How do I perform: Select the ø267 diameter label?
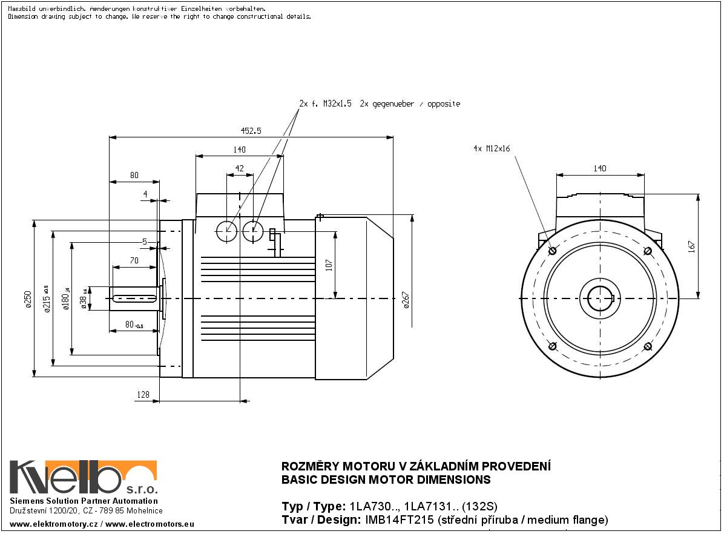[x=406, y=300]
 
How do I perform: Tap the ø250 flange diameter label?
[x=28, y=299]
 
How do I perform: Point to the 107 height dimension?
[x=329, y=265]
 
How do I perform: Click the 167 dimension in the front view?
[x=692, y=246]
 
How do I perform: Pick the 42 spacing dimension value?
[x=240, y=169]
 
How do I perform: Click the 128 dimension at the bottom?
[x=143, y=395]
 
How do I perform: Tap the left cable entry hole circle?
[x=227, y=231]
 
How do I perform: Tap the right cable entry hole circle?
[x=252, y=231]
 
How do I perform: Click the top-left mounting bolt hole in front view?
[x=551, y=251]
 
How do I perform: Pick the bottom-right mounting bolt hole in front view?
[x=648, y=346]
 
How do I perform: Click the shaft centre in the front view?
[x=599, y=298]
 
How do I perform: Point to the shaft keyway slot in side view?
[x=133, y=297]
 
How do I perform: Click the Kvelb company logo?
[x=83, y=478]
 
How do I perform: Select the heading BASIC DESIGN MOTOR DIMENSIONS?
[x=386, y=480]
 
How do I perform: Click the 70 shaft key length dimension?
[x=134, y=261]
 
